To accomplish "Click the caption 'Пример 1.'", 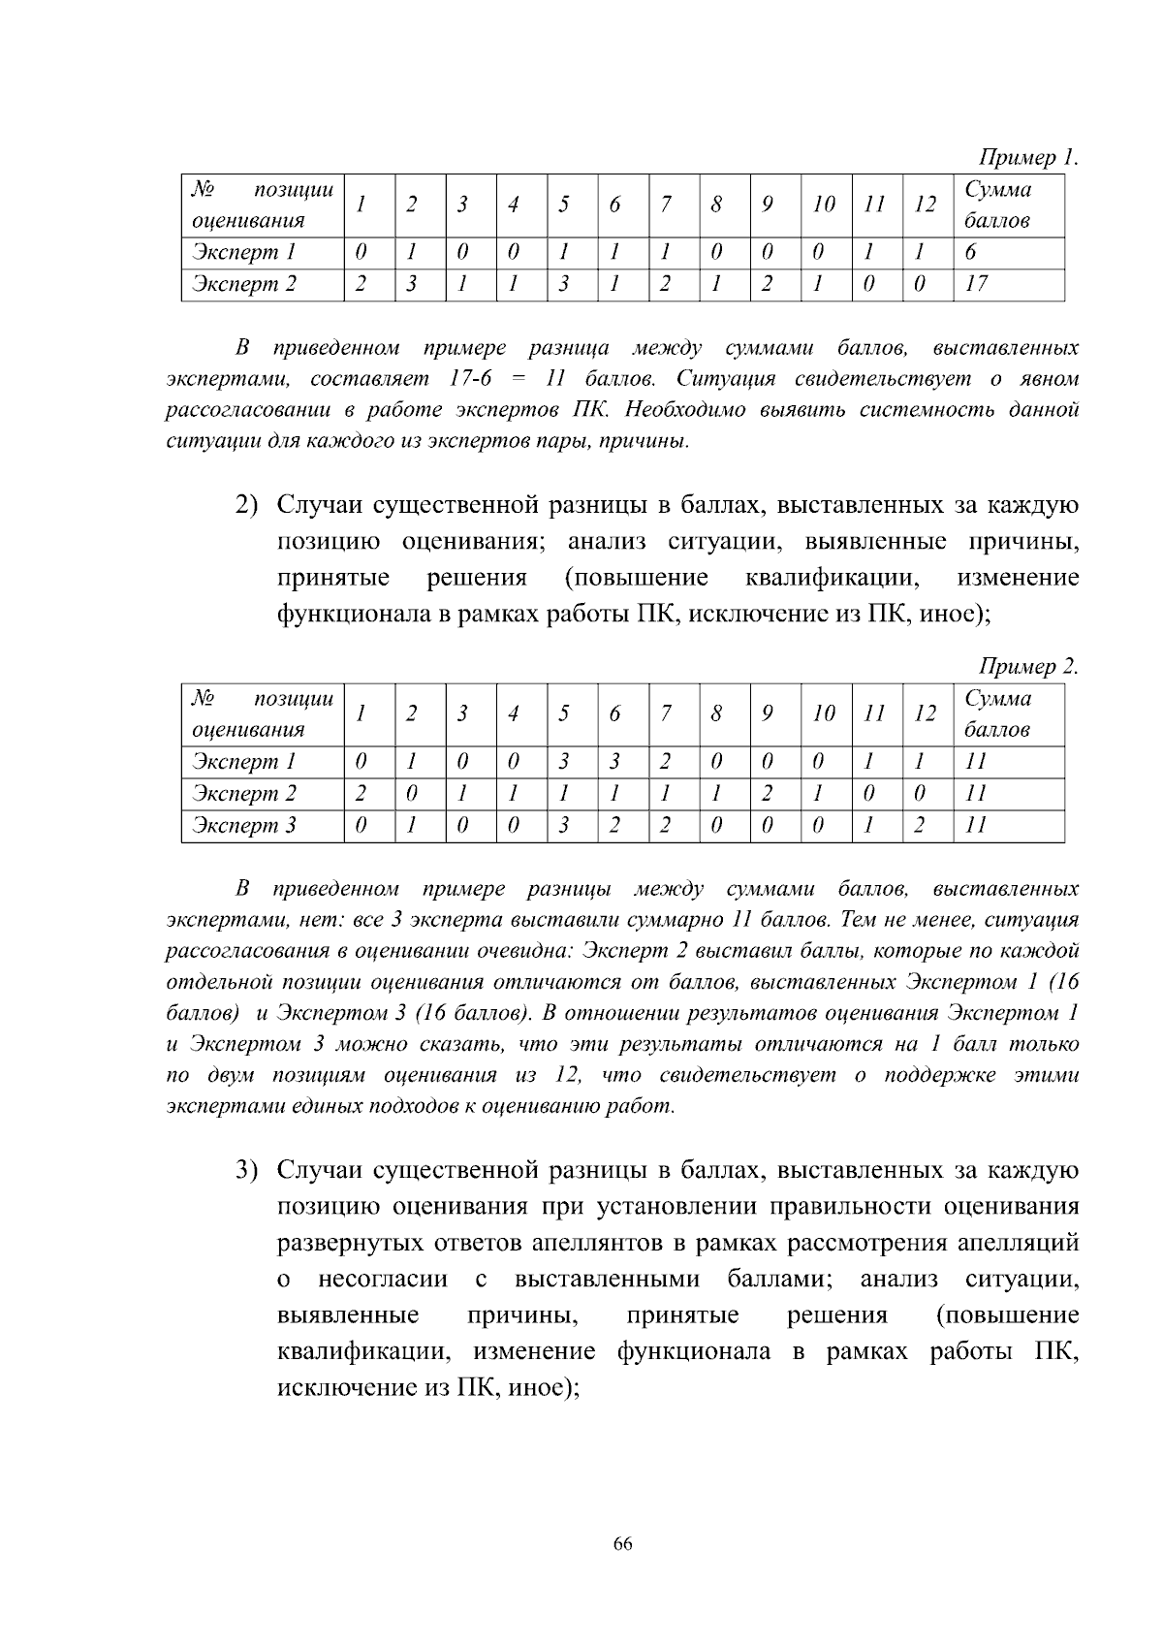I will (x=1028, y=157).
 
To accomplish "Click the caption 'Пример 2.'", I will (x=1028, y=666).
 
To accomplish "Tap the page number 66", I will (x=623, y=1544).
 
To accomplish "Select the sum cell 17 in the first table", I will (x=976, y=284).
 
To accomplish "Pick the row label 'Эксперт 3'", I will (x=243, y=825).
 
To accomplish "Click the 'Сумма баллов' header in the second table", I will (x=997, y=713).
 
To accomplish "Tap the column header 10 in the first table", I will (x=824, y=205).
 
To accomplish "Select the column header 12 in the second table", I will (x=926, y=713).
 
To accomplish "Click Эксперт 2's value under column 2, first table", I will (x=412, y=284).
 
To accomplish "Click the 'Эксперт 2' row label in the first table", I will (x=243, y=284).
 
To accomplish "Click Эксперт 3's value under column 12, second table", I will (x=919, y=825).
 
